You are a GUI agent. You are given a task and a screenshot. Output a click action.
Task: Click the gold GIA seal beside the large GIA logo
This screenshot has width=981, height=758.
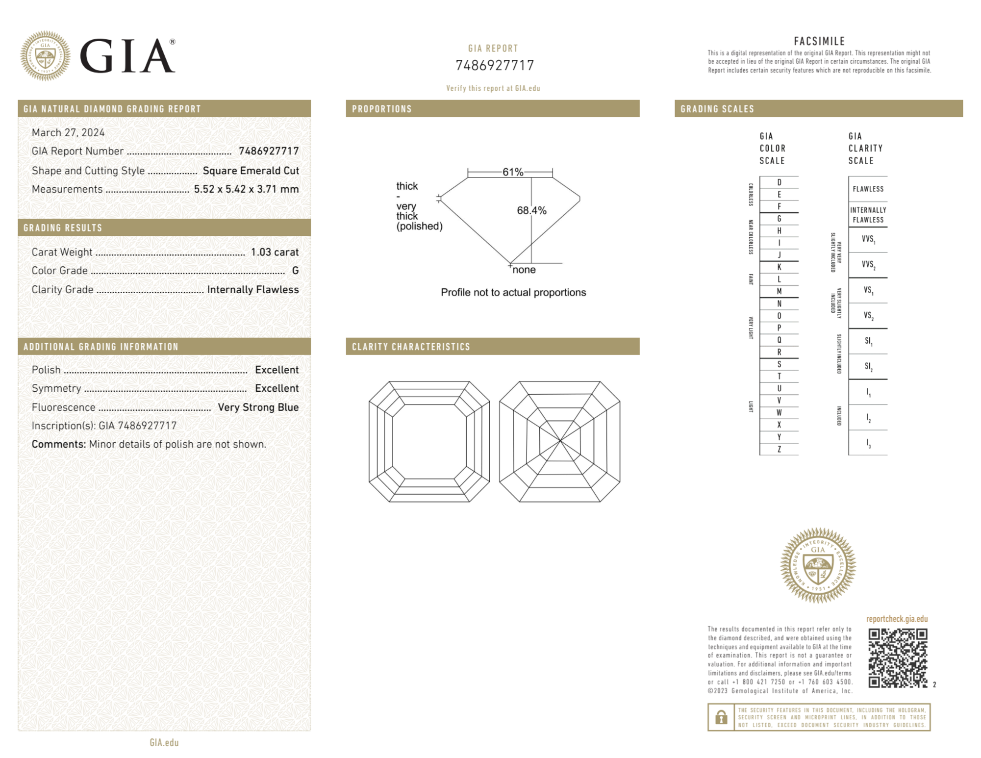(x=45, y=56)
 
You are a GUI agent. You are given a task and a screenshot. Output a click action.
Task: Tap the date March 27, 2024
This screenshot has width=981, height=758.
(x=68, y=132)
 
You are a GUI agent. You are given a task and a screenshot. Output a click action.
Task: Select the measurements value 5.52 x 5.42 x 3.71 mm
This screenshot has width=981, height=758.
(x=246, y=189)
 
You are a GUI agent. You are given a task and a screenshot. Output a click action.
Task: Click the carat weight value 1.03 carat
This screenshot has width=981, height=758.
(x=275, y=252)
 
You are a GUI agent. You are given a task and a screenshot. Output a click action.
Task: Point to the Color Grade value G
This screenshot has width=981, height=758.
(x=295, y=271)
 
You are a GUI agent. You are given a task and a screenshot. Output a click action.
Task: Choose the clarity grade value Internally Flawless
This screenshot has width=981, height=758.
(x=252, y=290)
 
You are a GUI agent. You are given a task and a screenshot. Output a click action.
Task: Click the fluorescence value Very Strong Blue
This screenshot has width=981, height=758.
(x=258, y=407)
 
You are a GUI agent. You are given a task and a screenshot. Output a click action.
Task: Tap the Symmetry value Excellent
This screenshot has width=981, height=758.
(x=277, y=388)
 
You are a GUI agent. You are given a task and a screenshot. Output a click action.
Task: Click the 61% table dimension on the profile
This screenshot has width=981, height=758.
(x=512, y=172)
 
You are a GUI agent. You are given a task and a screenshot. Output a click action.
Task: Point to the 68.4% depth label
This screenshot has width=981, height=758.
(x=531, y=210)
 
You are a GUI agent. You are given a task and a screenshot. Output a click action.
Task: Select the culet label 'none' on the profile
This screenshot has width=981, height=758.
(x=524, y=270)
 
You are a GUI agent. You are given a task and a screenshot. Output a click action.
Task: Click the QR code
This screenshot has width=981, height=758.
(x=897, y=658)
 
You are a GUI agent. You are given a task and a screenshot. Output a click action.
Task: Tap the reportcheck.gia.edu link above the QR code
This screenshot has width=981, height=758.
(x=897, y=619)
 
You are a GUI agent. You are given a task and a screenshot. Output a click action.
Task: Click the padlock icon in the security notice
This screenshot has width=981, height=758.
(x=721, y=717)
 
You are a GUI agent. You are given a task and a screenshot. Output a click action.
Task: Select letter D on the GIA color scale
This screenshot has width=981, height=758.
(x=779, y=182)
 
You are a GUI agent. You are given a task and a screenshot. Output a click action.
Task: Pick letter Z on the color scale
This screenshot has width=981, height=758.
(x=779, y=449)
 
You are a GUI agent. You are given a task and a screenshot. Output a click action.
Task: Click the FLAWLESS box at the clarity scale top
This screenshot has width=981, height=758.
(x=868, y=189)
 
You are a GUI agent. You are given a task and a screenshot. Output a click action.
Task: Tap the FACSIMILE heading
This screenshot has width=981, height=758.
(x=819, y=41)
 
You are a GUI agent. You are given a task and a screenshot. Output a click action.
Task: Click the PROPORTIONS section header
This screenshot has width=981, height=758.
(x=382, y=109)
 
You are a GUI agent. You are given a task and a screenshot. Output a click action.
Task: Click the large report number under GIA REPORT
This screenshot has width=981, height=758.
(x=494, y=65)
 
